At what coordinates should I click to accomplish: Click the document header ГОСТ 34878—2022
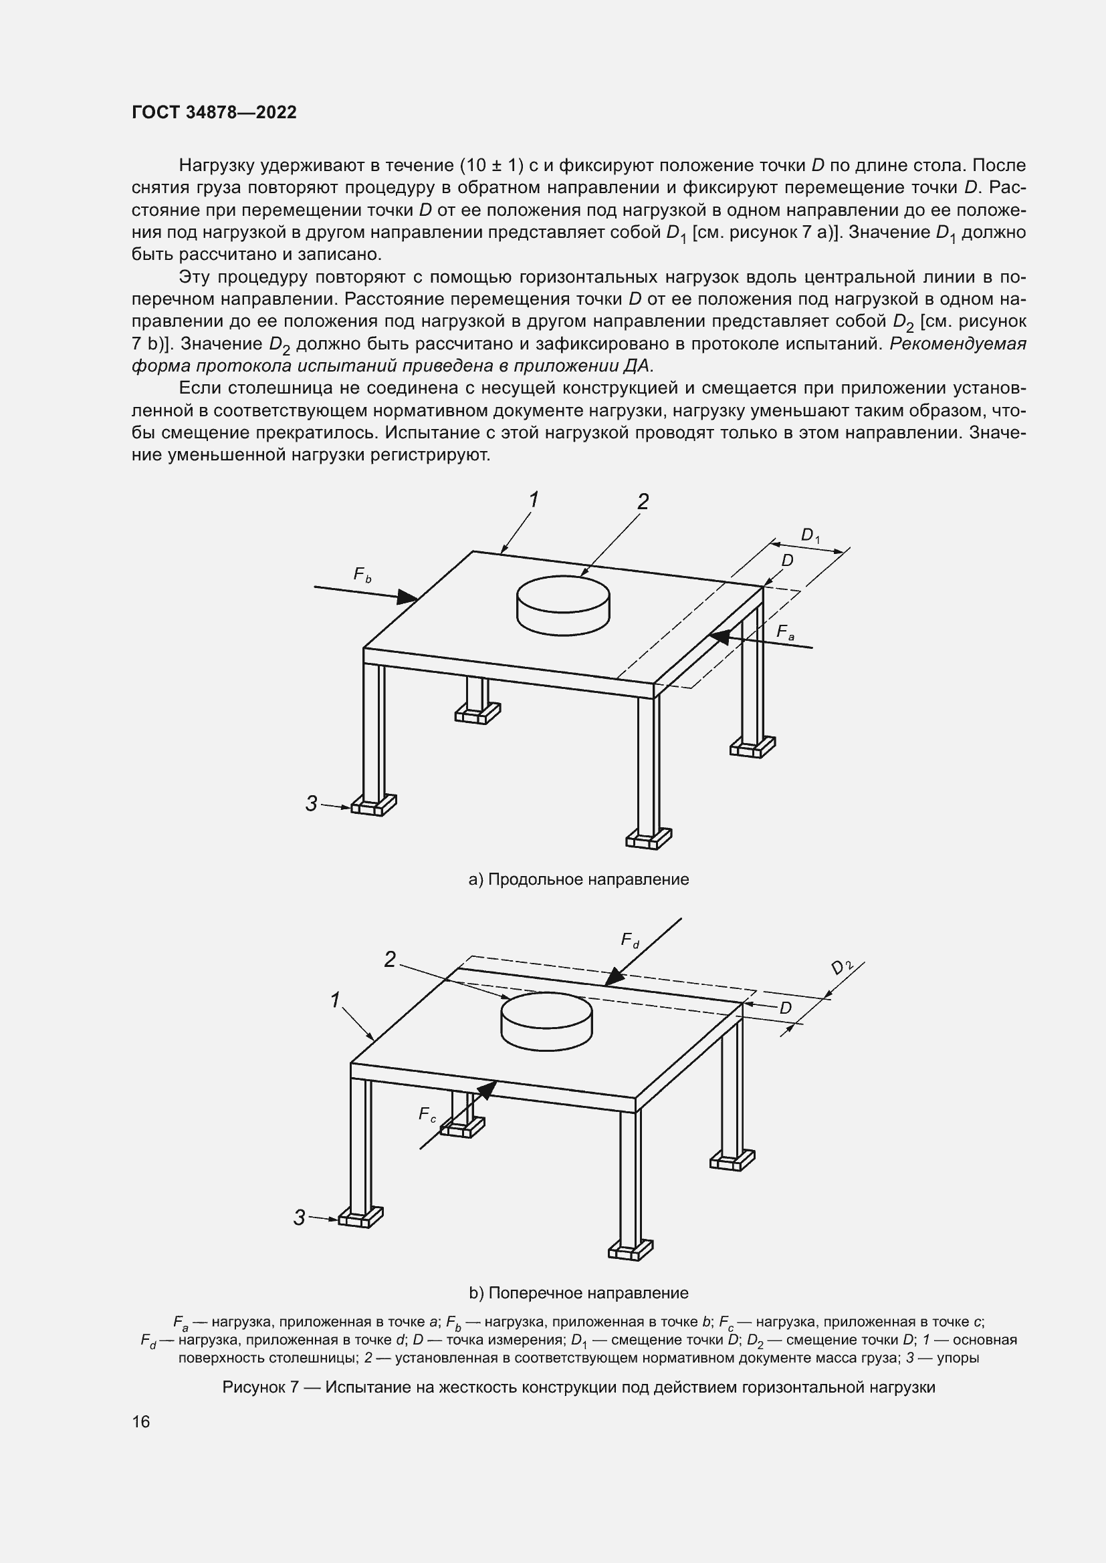pos(214,113)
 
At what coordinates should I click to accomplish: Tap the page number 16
pos(141,1421)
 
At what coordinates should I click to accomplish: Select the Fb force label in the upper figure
pos(362,575)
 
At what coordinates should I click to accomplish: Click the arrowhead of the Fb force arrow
pos(407,597)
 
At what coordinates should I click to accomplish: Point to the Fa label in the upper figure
pos(785,632)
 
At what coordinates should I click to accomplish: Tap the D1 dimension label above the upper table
pos(809,536)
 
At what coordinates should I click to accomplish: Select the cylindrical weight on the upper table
pos(563,604)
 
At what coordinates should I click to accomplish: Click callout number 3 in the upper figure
pos(311,804)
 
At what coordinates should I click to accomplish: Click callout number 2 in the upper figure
pos(643,502)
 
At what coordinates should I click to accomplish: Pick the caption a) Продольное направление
pos(579,879)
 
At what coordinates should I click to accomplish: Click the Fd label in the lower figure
pos(630,941)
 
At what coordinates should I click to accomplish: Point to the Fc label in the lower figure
pos(427,1115)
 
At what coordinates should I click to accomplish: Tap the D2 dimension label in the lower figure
pos(842,968)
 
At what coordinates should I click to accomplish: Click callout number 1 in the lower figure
pos(335,1000)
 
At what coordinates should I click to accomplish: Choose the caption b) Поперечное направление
pos(579,1293)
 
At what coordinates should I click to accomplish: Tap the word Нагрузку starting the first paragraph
pos(217,166)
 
